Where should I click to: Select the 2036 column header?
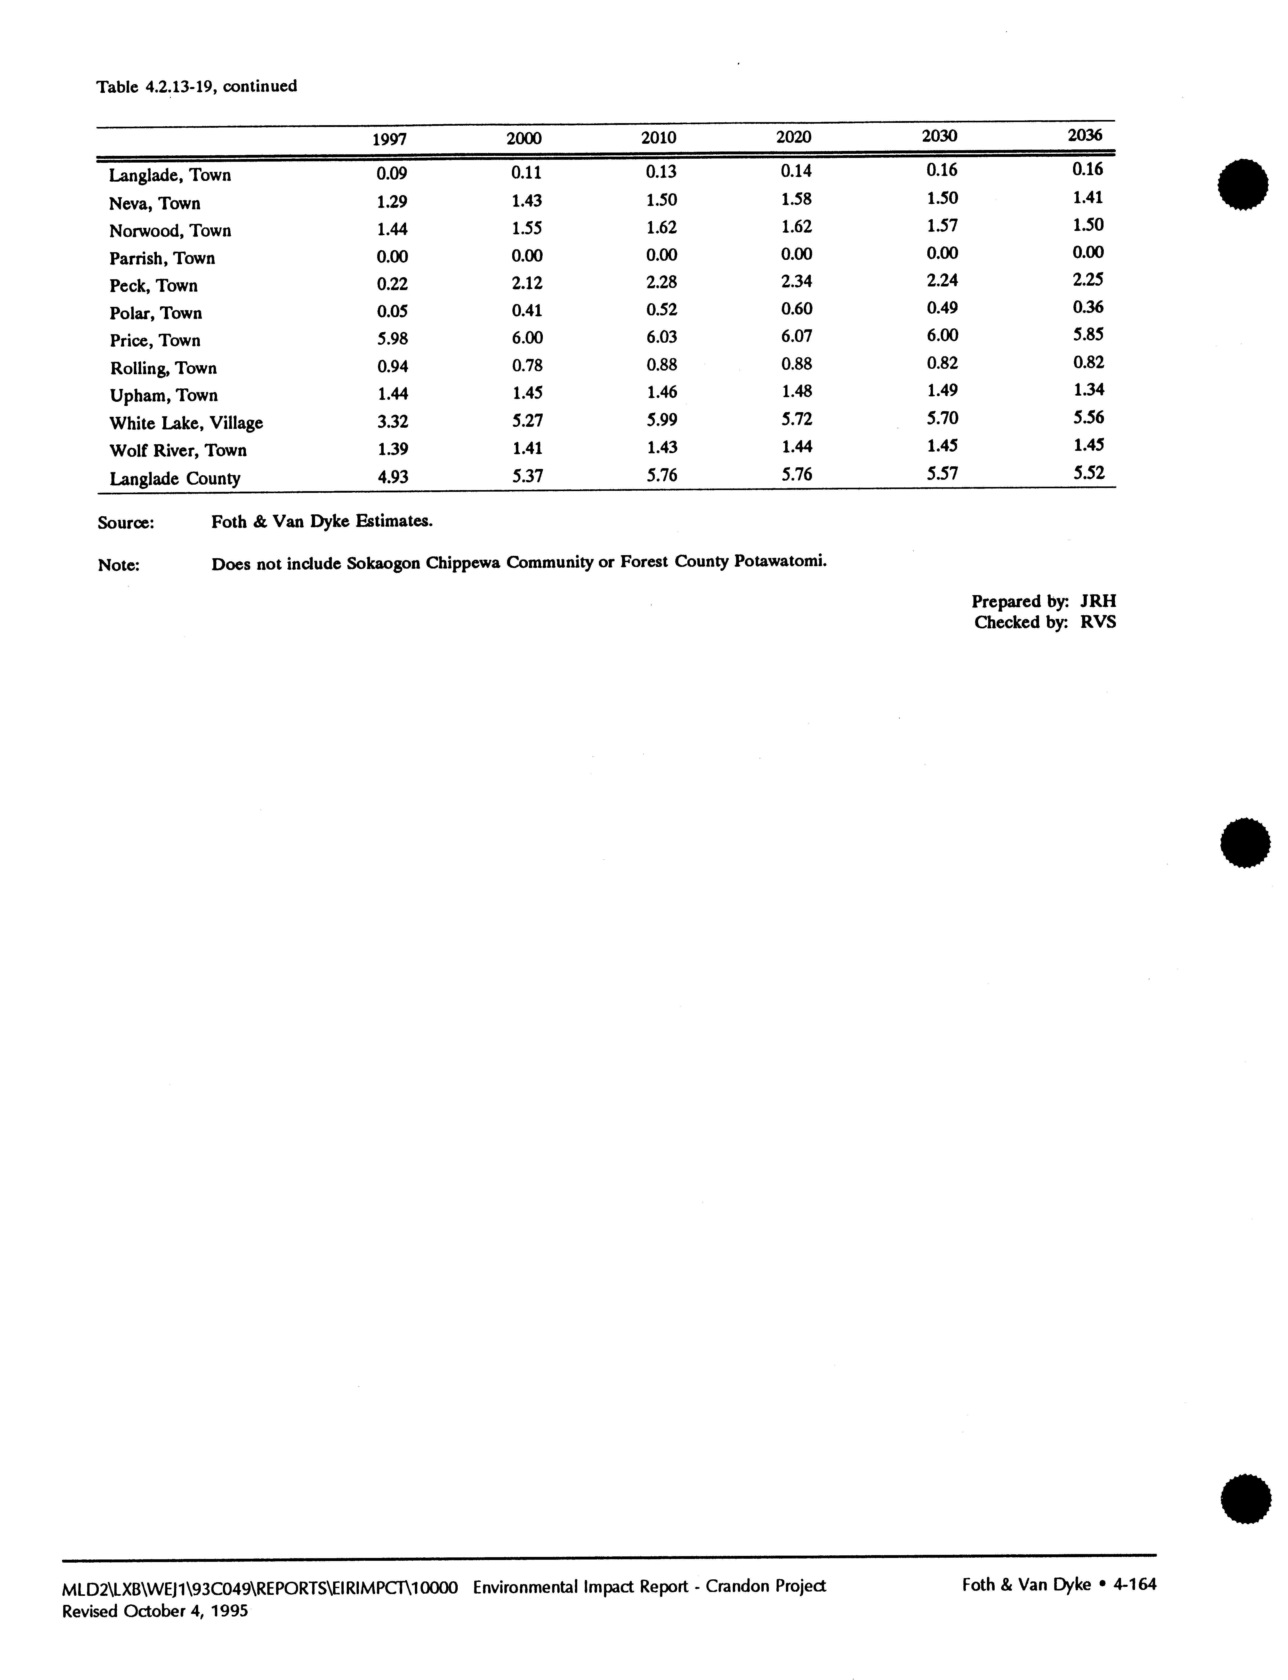click(x=1085, y=136)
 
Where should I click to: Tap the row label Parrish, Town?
click(x=162, y=258)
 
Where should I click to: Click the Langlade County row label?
click(x=175, y=479)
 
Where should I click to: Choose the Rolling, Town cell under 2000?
click(x=527, y=365)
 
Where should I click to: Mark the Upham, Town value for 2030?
click(x=941, y=390)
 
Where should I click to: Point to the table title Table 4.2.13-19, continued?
click(x=196, y=86)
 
